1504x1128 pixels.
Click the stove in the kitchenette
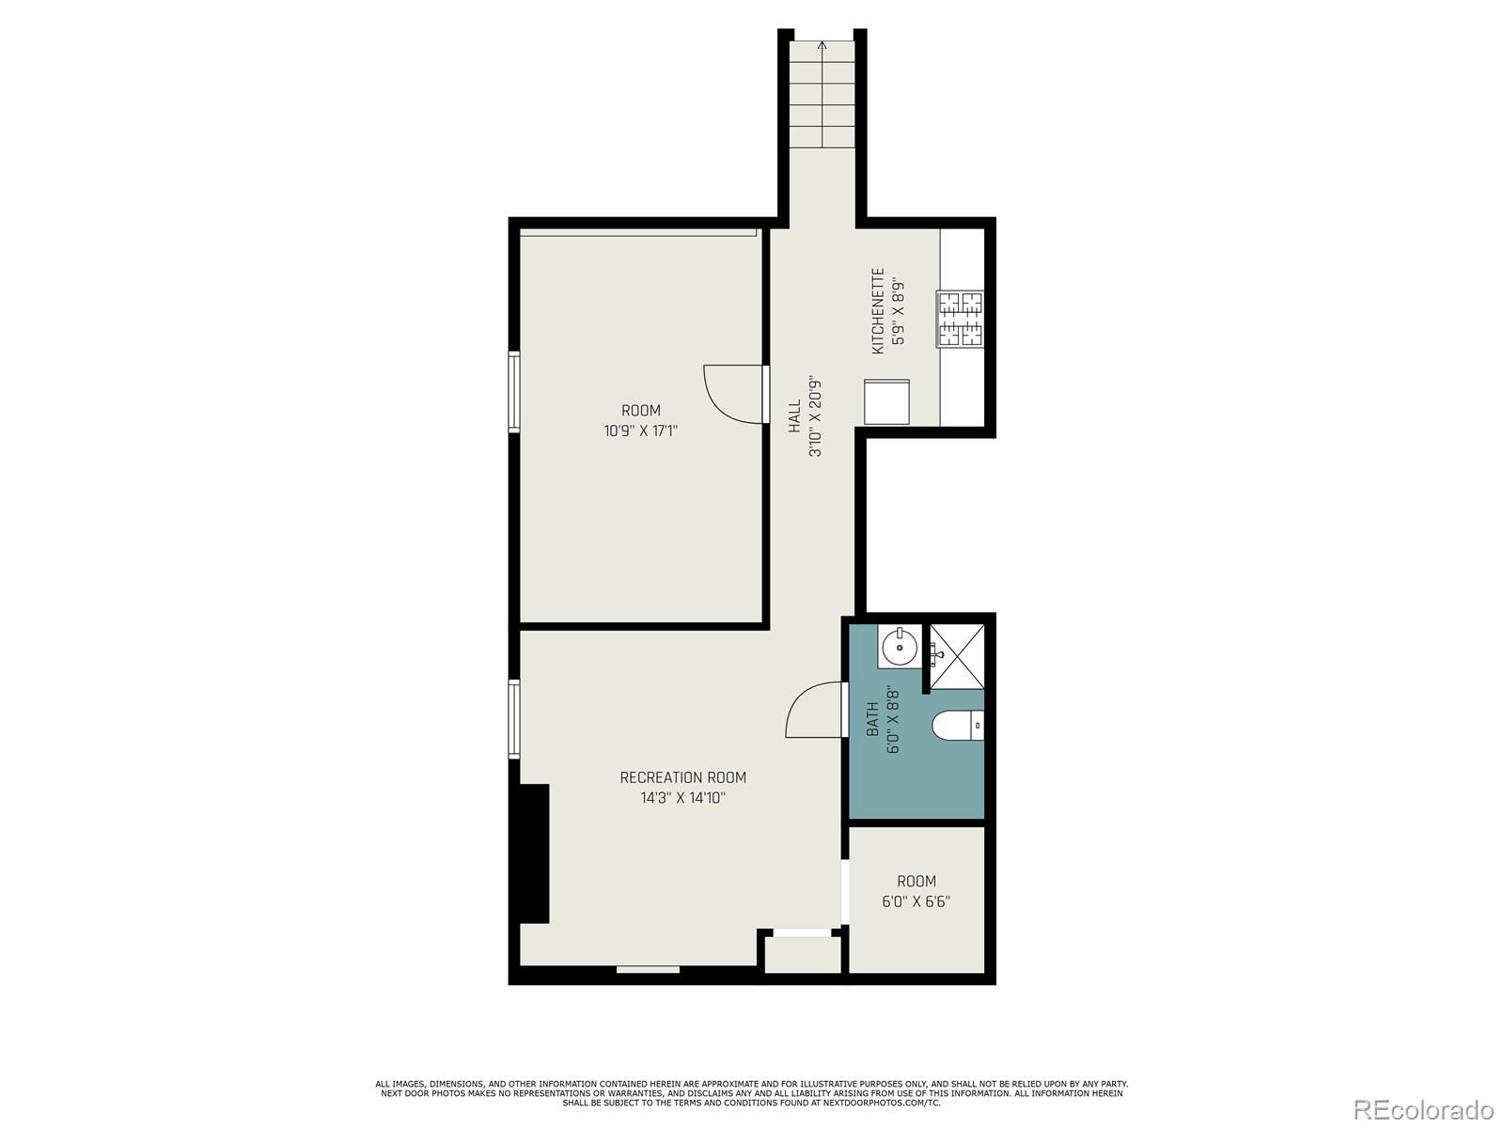click(x=960, y=318)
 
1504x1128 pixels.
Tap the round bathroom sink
click(x=900, y=647)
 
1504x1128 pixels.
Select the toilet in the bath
click(x=957, y=726)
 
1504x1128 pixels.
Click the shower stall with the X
click(x=957, y=656)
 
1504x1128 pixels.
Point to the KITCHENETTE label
click(x=878, y=311)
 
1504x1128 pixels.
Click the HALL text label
click(x=795, y=416)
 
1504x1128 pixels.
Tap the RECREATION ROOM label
click(x=682, y=777)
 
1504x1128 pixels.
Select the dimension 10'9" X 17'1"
click(x=641, y=431)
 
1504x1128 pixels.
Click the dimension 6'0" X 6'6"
click(x=916, y=901)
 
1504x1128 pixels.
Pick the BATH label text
click(x=872, y=719)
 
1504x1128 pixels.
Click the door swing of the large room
click(x=733, y=393)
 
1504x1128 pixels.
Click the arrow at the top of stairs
click(x=822, y=44)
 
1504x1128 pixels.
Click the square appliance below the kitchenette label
click(x=886, y=401)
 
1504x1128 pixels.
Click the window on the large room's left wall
click(x=514, y=391)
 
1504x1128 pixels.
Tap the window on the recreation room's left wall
click(x=514, y=719)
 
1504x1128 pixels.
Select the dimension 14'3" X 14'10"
click(x=682, y=798)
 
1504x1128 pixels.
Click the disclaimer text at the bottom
click(x=751, y=1093)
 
